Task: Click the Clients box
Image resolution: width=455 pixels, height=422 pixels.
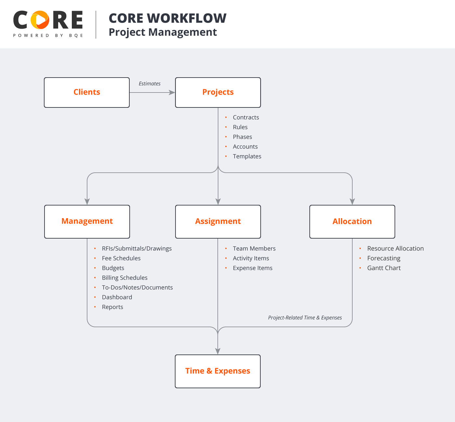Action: (x=87, y=93)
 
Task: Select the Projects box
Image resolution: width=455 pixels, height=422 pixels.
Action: (x=218, y=93)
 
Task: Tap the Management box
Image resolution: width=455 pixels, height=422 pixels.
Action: (x=87, y=221)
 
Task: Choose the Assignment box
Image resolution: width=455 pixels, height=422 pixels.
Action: (x=218, y=221)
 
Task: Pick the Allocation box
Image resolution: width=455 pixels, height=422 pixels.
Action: (x=352, y=221)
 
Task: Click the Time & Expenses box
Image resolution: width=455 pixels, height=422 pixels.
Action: (x=217, y=371)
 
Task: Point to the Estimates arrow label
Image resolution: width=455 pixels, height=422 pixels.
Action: (x=149, y=84)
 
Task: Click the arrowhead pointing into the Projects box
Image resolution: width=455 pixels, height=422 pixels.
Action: (x=172, y=93)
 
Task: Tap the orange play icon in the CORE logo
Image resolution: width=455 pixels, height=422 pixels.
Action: (x=40, y=20)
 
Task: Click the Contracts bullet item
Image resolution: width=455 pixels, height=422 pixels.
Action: (x=246, y=118)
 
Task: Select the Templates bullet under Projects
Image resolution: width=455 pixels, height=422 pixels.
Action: (x=247, y=156)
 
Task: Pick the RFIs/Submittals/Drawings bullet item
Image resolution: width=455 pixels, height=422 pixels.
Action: (x=136, y=249)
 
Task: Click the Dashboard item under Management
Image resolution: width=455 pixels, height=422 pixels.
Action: (x=117, y=297)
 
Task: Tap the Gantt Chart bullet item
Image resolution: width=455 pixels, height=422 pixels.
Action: (x=384, y=268)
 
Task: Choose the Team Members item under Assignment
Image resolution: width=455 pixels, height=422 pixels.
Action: (x=254, y=249)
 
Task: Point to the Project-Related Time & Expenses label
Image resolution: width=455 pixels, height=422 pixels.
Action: (x=305, y=318)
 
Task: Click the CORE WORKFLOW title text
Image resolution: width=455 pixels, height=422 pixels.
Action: (x=167, y=19)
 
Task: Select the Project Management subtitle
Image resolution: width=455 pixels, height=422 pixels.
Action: (x=162, y=32)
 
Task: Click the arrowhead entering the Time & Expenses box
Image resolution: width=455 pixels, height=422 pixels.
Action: (x=218, y=351)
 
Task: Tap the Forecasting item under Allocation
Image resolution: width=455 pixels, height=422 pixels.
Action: (x=383, y=258)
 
